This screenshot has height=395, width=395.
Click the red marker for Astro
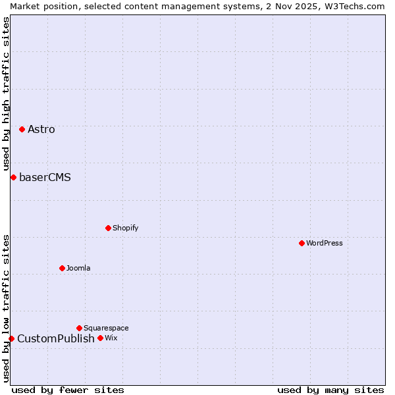(22, 129)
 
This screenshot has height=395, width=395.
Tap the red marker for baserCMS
(13, 177)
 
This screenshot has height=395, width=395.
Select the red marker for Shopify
(108, 228)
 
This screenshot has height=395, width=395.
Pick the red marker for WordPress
(302, 243)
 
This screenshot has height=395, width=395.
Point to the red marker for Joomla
(62, 268)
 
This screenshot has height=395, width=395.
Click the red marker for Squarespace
(79, 328)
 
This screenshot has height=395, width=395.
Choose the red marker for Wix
(100, 338)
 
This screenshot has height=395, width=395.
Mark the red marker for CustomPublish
(11, 338)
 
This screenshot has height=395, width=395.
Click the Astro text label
(41, 129)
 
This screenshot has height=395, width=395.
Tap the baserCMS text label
(45, 177)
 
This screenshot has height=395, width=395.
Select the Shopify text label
(125, 228)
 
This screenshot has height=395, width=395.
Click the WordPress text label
(324, 243)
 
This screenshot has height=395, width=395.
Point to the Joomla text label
(78, 268)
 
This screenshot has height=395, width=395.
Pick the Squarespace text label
(106, 328)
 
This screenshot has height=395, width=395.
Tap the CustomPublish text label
(56, 338)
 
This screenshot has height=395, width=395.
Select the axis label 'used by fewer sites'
(68, 390)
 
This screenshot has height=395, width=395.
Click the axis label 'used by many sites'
(330, 390)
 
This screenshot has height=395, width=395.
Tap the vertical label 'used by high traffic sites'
(6, 93)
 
